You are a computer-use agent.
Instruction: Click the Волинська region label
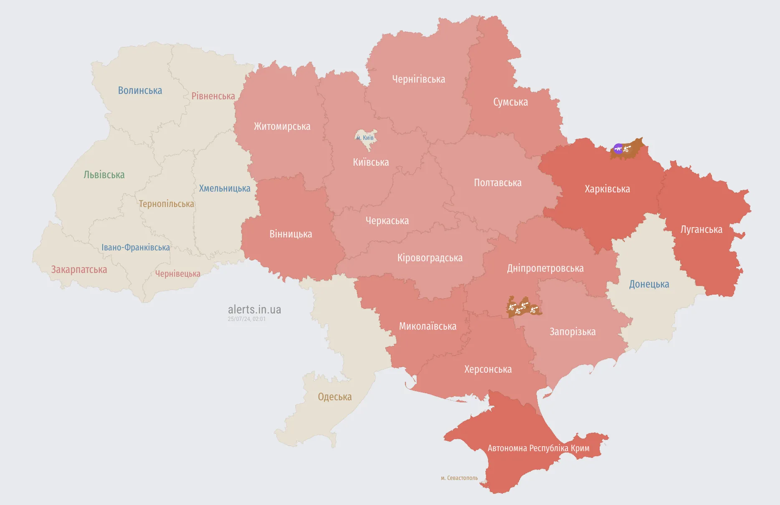tap(140, 91)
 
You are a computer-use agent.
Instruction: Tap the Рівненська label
tap(213, 96)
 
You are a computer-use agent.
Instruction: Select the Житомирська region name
tap(282, 126)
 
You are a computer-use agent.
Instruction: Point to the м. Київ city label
tap(365, 138)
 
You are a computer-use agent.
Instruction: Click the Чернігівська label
tap(418, 79)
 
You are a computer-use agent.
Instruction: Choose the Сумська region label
tap(510, 102)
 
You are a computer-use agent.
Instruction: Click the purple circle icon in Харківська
tap(618, 148)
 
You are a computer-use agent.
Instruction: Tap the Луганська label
tap(701, 230)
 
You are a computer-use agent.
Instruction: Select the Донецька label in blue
tap(649, 284)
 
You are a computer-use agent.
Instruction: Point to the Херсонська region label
tap(488, 369)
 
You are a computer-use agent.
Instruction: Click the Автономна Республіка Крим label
tap(538, 448)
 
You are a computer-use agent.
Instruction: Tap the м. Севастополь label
tap(459, 478)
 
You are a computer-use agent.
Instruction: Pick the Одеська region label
tap(334, 397)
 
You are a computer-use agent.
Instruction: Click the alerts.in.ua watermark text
tap(254, 310)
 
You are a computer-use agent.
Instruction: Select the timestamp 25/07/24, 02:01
tap(246, 319)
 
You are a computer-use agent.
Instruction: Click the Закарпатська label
tap(79, 270)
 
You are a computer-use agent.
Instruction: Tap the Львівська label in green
tap(104, 175)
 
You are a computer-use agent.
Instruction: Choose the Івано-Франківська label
tap(136, 247)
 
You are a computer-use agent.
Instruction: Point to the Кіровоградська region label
tap(430, 258)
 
